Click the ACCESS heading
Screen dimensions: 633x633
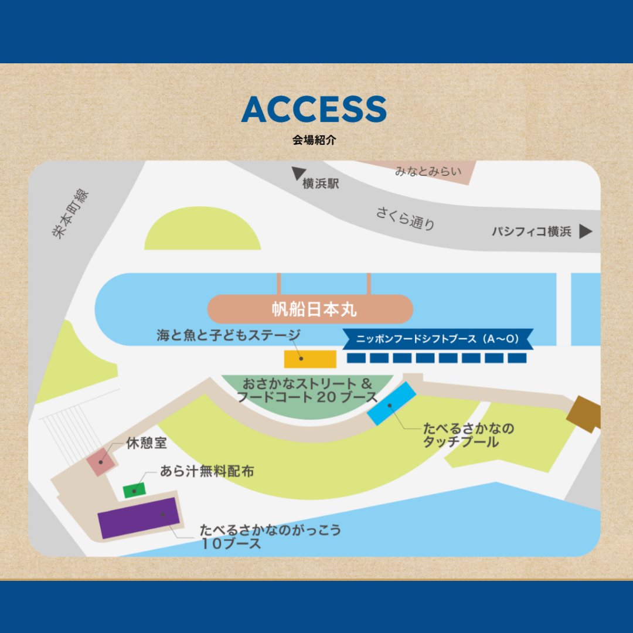314,109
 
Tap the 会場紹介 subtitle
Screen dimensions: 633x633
314,141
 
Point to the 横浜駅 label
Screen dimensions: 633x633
321,184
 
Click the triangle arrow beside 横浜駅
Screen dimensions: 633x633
298,173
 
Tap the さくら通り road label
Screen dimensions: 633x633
406,219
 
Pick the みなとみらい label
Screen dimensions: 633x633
428,172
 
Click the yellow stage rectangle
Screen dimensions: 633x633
310,359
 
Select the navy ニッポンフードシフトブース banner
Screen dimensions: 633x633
437,339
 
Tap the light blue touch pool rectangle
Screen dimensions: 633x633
392,403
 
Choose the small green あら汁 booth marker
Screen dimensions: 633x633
134,489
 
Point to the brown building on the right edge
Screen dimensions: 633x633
584,414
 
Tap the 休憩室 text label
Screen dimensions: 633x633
147,443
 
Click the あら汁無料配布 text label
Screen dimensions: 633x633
207,471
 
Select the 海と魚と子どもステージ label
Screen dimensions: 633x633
228,336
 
